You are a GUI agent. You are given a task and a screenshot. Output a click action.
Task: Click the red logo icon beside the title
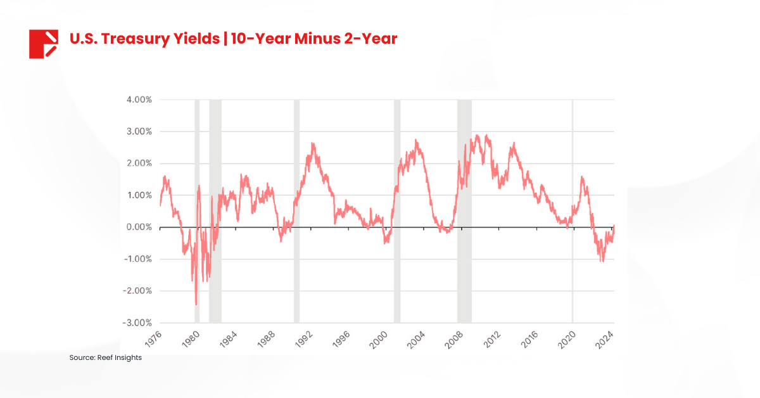pyautogui.click(x=44, y=44)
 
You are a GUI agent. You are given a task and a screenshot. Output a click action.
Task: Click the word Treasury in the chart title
pyautogui.click(x=132, y=39)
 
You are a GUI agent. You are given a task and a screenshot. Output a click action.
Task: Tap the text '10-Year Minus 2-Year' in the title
pyautogui.click(x=313, y=39)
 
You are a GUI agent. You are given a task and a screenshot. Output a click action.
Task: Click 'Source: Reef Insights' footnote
pyautogui.click(x=105, y=358)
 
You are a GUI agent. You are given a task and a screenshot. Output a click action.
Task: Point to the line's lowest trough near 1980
pyautogui.click(x=196, y=305)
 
